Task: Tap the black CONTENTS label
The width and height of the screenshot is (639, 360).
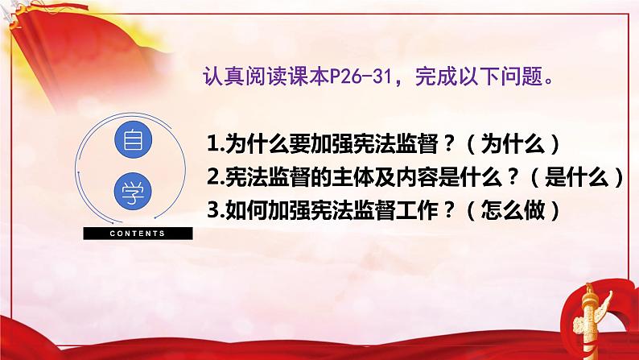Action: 136,234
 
